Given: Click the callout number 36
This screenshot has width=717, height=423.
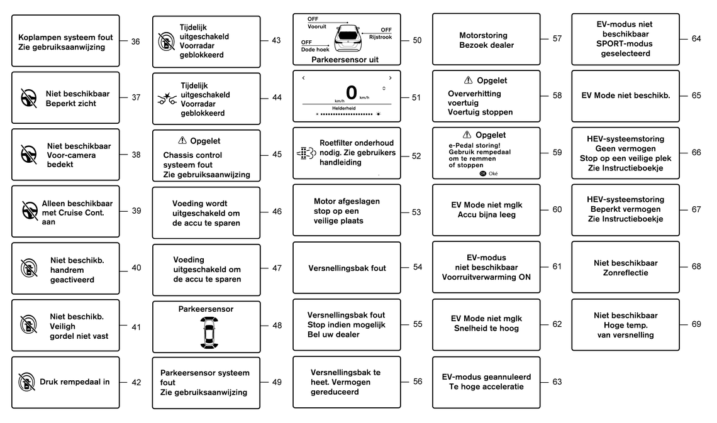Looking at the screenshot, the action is point(135,41).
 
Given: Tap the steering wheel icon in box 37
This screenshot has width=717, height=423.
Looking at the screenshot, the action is point(29,98).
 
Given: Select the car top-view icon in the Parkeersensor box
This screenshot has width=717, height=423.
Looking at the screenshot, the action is point(209,332).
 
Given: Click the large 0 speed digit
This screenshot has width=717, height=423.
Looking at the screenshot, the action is point(351,93).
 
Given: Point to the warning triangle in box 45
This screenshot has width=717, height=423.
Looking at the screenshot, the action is point(182,140).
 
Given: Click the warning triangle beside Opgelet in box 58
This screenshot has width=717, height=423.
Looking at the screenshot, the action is point(468,80).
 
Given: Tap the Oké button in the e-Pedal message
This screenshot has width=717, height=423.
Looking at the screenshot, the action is point(488,173).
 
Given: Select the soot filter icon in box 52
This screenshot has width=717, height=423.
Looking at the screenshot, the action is point(306,153).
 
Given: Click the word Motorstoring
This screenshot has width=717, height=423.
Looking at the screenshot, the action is point(483,35).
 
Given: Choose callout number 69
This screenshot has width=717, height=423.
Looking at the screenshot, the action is point(696,324).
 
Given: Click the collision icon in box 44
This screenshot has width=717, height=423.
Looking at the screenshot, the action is point(167,98).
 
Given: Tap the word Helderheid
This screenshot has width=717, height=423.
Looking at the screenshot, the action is point(344,108).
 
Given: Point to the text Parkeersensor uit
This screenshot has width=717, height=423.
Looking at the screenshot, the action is point(345,60).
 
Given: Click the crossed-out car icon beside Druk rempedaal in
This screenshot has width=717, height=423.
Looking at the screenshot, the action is point(27,382).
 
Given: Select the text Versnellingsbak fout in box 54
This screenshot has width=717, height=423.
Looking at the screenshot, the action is point(347,268).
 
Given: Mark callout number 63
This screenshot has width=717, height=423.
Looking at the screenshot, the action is point(557,382).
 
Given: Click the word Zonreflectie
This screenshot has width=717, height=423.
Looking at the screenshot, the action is point(626,273).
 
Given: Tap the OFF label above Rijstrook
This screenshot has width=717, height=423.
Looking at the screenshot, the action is point(386,30).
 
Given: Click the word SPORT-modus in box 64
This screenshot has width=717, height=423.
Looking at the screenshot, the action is point(625,44).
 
